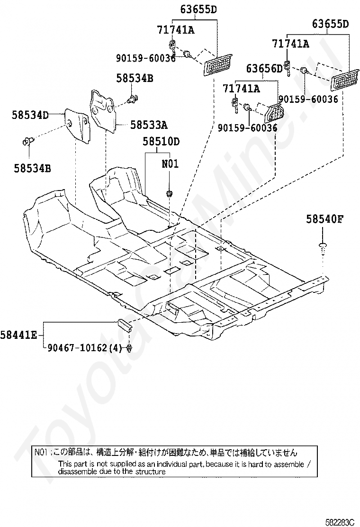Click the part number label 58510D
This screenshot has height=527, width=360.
161,141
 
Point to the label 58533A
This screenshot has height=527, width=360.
149,125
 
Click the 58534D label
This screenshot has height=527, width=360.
30,114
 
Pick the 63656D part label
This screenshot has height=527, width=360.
264,69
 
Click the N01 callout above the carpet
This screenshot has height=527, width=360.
170,164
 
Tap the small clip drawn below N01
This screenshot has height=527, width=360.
169,193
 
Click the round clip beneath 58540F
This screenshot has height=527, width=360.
323,246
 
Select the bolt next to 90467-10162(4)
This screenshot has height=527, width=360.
129,349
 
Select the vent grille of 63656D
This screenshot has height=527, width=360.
275,112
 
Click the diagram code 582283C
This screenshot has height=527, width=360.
340,522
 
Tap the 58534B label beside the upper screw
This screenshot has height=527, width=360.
135,79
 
